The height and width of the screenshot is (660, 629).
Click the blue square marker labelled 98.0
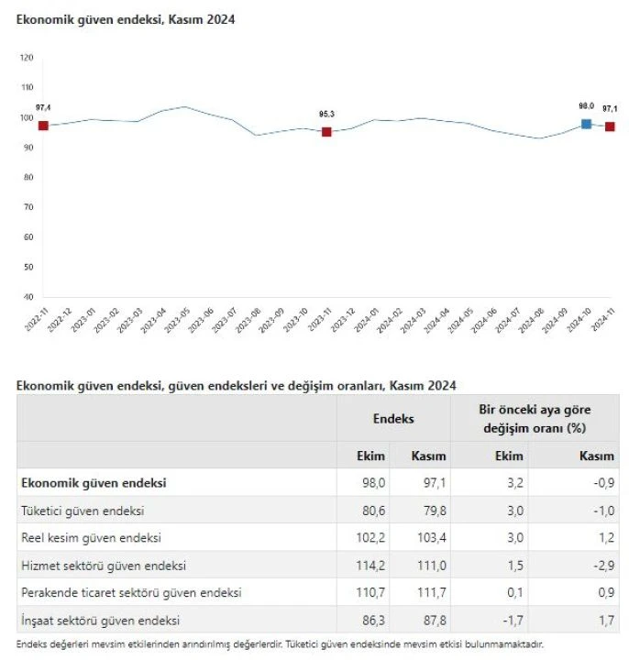tap(586, 124)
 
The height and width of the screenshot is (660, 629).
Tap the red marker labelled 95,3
tap(326, 132)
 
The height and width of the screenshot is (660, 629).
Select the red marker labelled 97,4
tap(43, 126)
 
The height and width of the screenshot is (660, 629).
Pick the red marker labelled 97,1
tap(610, 126)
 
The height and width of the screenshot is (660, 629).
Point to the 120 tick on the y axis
tap(27, 58)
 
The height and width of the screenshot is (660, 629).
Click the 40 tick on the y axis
tap(28, 297)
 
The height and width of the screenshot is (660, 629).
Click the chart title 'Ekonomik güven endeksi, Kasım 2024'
tap(126, 18)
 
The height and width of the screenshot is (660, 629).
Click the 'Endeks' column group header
tap(392, 419)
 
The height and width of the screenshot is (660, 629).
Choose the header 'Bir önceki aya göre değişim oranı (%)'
tap(534, 419)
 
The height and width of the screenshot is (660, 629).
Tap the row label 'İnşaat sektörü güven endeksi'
tap(100, 621)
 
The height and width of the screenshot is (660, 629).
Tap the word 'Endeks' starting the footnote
tap(34, 644)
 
